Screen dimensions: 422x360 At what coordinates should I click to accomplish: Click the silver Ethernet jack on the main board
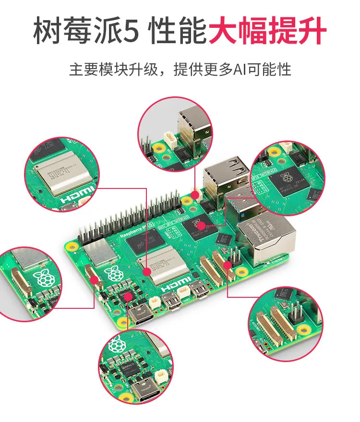point(267,240)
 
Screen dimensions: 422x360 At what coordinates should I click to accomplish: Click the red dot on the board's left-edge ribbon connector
point(94,280)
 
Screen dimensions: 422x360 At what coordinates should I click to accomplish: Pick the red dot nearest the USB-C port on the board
point(128,297)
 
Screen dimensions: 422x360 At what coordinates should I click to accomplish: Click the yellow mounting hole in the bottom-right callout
point(303,330)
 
